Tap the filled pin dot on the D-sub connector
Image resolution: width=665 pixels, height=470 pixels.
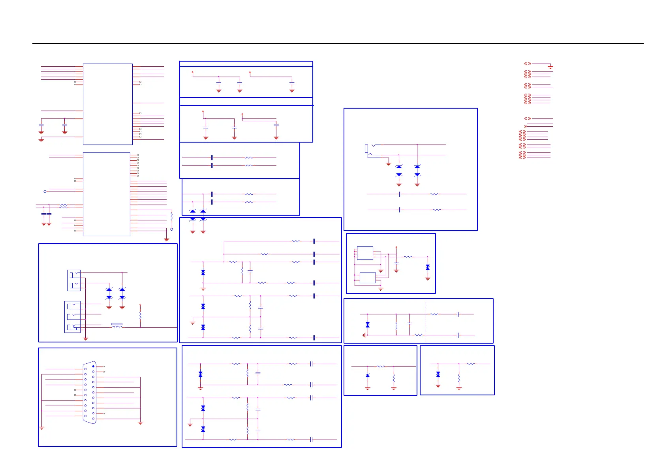coord(93,367)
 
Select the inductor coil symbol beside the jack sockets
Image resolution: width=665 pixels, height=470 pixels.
coord(117,326)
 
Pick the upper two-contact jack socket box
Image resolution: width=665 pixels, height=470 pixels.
coord(74,280)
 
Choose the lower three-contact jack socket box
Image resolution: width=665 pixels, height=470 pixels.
coord(72,317)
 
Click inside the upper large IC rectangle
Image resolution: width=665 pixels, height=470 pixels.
coord(107,104)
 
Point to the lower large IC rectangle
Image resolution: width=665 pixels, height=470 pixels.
coord(106,194)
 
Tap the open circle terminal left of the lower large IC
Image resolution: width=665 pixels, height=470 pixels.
coord(45,192)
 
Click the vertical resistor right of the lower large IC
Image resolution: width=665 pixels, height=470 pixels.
coord(171,216)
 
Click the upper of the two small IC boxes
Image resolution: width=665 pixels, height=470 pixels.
coord(365,253)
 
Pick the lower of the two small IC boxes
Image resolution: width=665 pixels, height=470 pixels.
coord(368,278)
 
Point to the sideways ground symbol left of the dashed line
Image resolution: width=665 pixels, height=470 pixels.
coord(364,335)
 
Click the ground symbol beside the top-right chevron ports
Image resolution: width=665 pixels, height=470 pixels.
coord(550,67)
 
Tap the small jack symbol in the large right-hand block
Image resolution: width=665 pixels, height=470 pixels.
coord(367,149)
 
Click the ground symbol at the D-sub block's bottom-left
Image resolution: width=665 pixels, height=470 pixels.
coord(42,428)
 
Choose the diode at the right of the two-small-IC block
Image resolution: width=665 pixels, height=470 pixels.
coord(428,268)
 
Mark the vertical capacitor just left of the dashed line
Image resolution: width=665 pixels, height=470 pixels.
coord(410,323)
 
